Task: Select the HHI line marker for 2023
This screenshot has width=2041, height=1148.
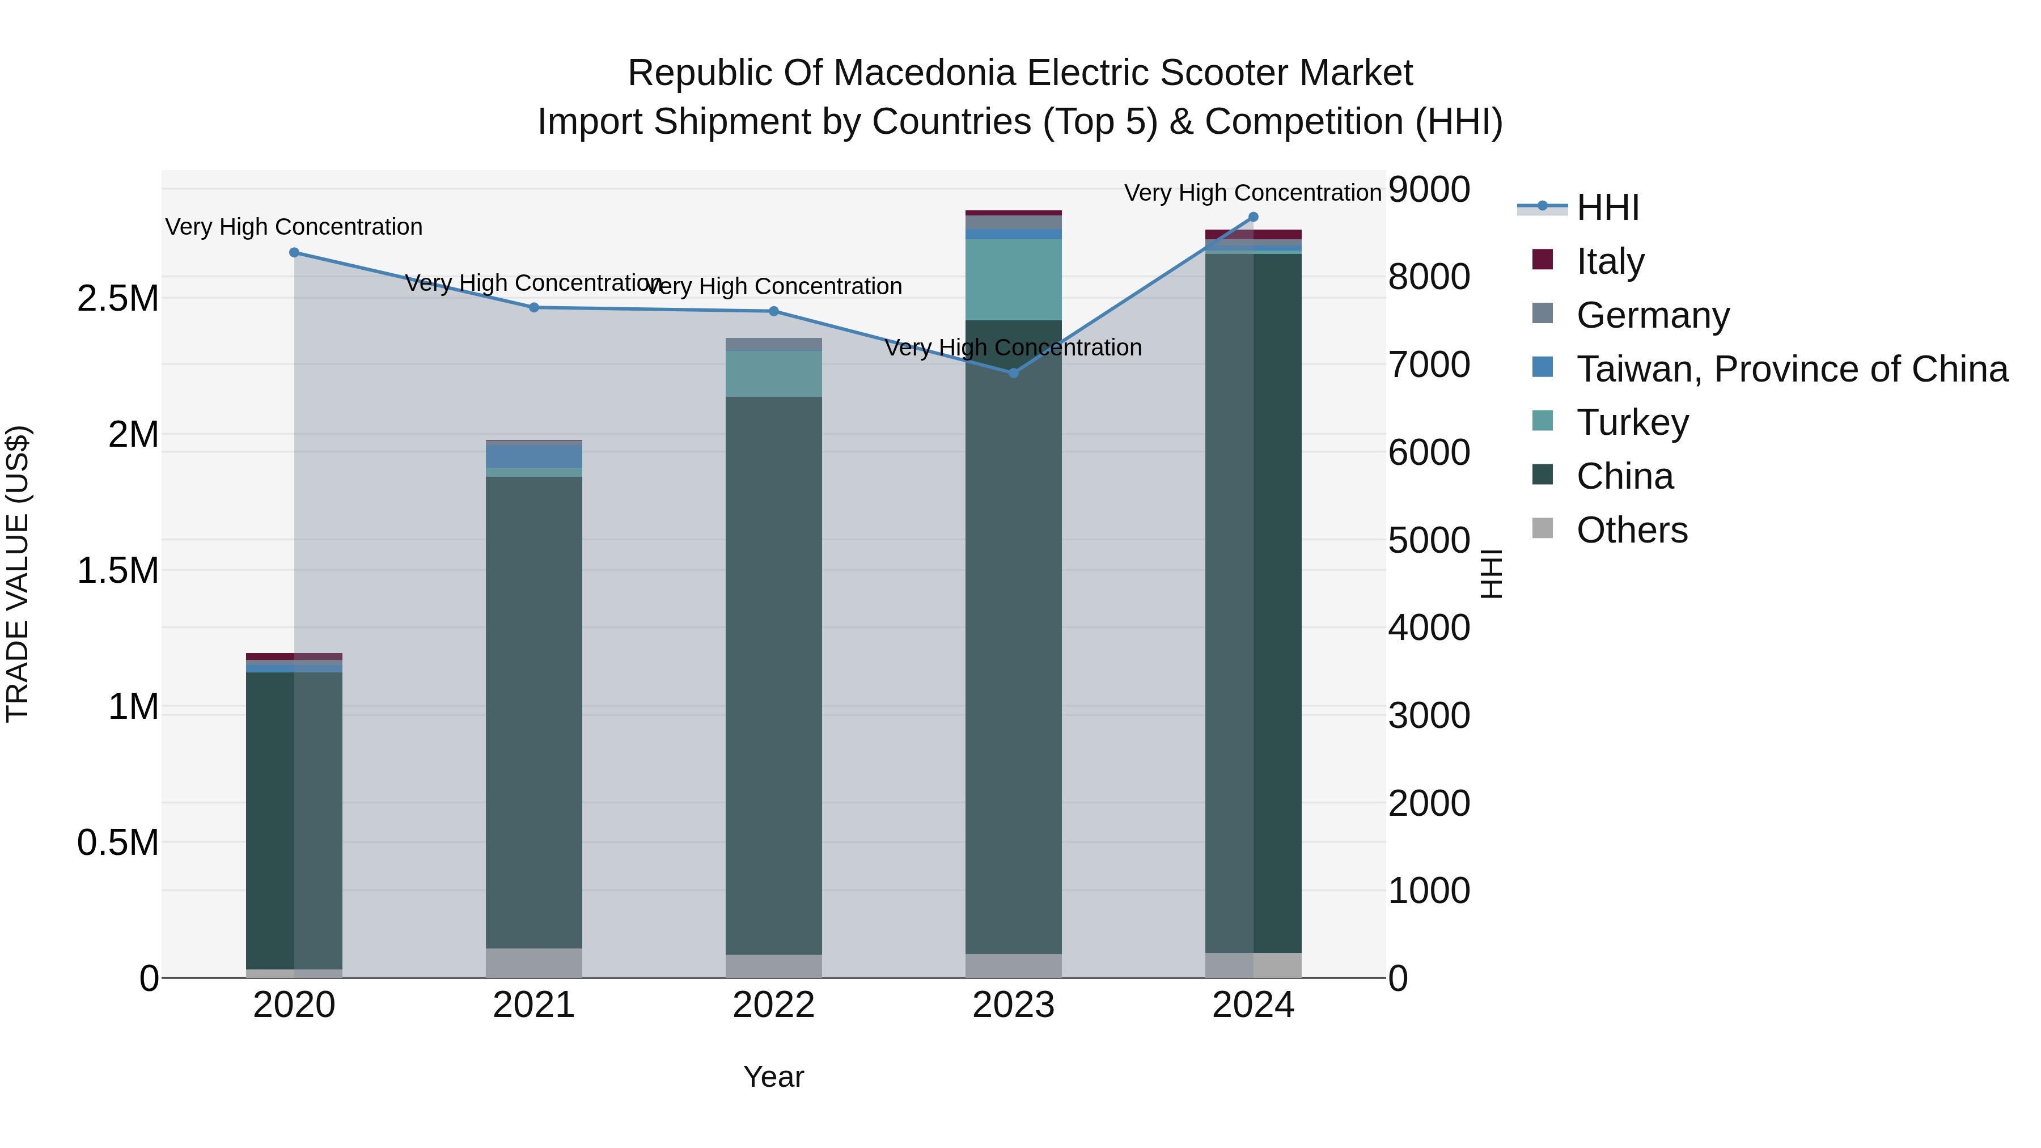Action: click(1013, 373)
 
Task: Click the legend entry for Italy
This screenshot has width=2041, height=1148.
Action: click(1610, 261)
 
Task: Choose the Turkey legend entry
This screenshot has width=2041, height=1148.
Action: click(1632, 422)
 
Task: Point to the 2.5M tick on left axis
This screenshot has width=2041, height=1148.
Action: click(118, 299)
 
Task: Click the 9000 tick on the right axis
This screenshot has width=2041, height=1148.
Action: click(1429, 189)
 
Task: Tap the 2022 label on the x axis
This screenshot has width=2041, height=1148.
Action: click(773, 1005)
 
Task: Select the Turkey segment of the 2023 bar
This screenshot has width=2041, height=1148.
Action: click(1013, 279)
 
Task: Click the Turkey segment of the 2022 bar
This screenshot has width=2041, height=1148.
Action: click(773, 373)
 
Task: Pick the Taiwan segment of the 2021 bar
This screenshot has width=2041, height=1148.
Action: click(534, 456)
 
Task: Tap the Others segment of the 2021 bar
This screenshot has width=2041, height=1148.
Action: click(534, 963)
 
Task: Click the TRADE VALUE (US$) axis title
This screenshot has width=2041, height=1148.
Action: click(18, 574)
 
